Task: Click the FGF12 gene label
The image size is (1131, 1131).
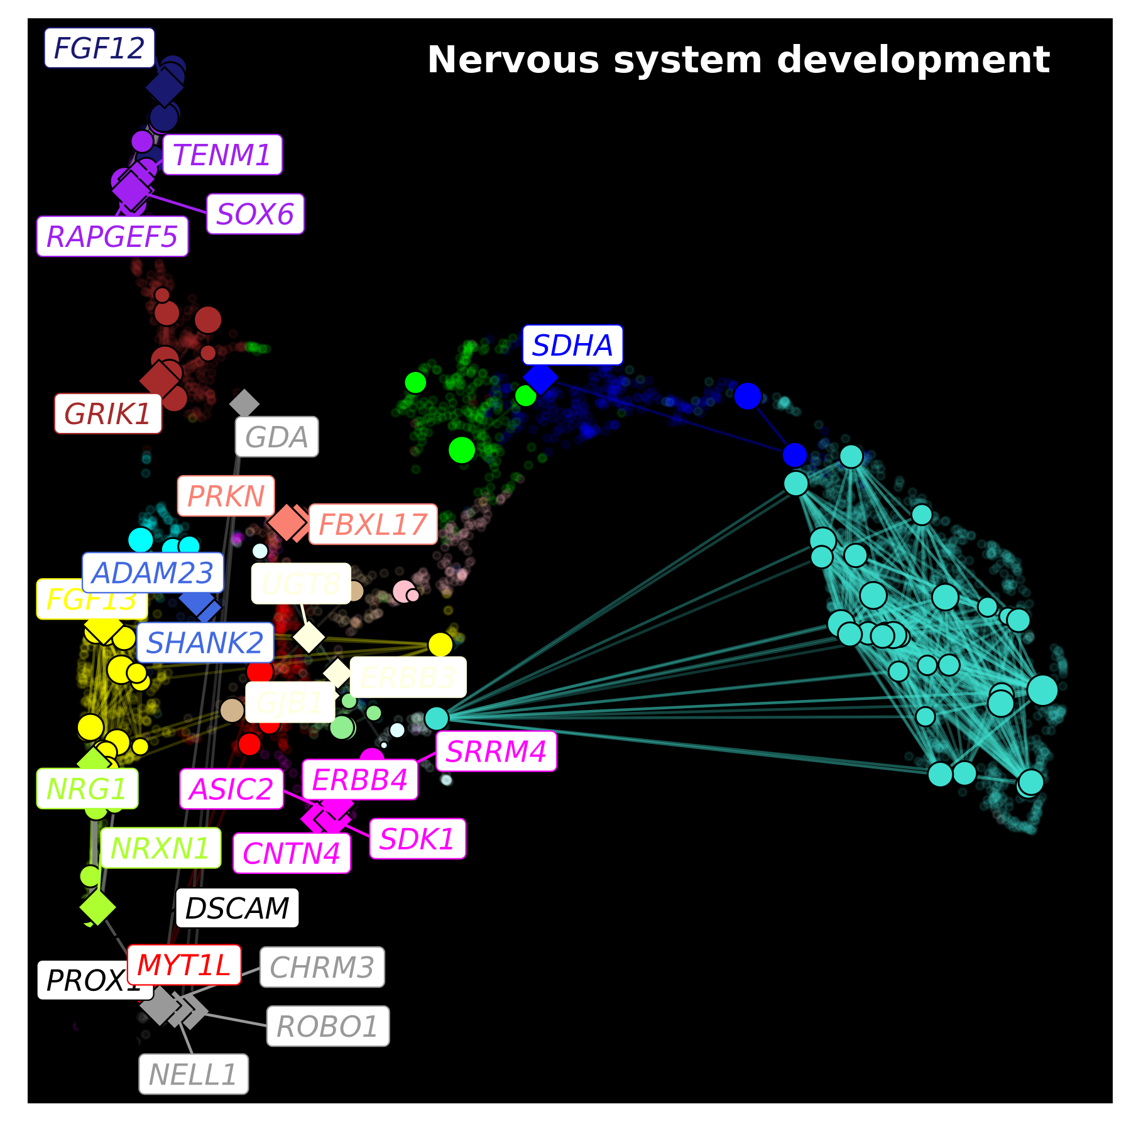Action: pyautogui.click(x=99, y=48)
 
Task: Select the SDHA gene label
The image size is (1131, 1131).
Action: pyautogui.click(x=572, y=345)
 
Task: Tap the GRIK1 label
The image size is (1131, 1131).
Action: pyautogui.click(x=108, y=414)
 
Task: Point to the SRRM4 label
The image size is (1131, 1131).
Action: pyautogui.click(x=496, y=751)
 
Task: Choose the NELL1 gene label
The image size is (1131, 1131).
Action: pyautogui.click(x=194, y=1074)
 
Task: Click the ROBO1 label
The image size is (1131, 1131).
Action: pyautogui.click(x=328, y=1027)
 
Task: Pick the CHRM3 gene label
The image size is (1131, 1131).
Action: pyautogui.click(x=322, y=968)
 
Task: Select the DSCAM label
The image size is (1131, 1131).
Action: pyautogui.click(x=237, y=908)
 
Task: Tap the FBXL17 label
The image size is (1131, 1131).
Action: pyautogui.click(x=373, y=525)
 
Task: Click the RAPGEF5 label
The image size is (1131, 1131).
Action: pyautogui.click(x=112, y=237)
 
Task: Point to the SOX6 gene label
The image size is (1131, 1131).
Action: pyautogui.click(x=255, y=214)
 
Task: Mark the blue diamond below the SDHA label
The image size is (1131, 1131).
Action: pyautogui.click(x=541, y=378)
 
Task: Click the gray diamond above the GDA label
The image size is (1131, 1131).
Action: pyautogui.click(x=244, y=403)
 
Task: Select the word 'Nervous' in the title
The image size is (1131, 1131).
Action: pyautogui.click(x=513, y=60)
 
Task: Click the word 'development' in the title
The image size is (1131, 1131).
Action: pyautogui.click(x=913, y=60)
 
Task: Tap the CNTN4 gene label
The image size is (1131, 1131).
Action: pyautogui.click(x=292, y=853)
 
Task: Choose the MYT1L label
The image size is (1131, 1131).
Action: pyautogui.click(x=184, y=965)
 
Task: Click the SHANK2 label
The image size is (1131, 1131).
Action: pyautogui.click(x=205, y=643)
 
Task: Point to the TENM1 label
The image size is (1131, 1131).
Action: pyautogui.click(x=222, y=155)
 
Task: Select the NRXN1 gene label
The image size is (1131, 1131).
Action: pyautogui.click(x=160, y=848)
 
